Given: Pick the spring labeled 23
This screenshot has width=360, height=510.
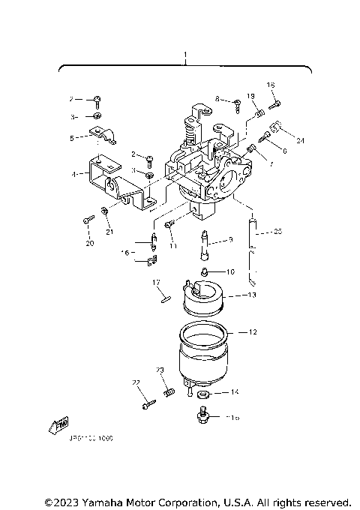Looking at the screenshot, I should click(x=169, y=391).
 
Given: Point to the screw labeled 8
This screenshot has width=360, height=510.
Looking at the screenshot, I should click(x=235, y=103).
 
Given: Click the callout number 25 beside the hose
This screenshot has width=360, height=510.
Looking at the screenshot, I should click(x=277, y=232).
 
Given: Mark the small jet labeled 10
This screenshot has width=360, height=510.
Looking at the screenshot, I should click(x=205, y=271).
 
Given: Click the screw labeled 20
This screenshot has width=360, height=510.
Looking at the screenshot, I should click(x=88, y=220).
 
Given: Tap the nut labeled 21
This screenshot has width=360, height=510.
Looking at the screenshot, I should click(x=106, y=215).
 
